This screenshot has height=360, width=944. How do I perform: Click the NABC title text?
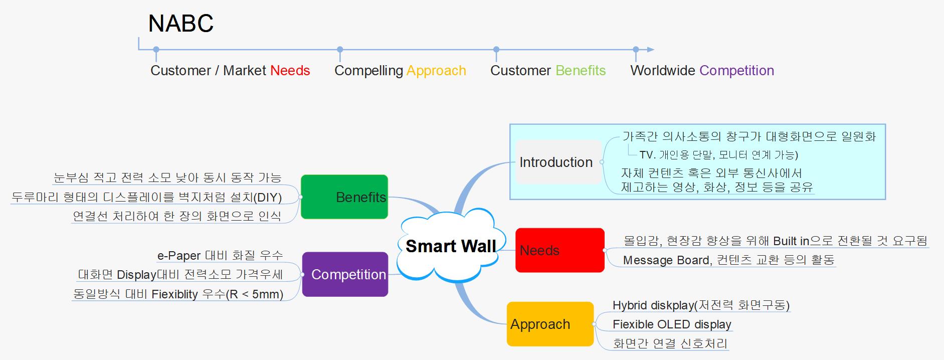180,24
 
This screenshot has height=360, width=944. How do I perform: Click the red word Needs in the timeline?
290,71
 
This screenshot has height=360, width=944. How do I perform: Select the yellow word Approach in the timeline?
436,71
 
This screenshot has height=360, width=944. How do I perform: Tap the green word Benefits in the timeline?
581,71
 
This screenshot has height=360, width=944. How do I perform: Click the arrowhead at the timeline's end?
650,50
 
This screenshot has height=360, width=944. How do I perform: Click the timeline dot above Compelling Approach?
340,50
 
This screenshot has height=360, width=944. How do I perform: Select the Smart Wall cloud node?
450,246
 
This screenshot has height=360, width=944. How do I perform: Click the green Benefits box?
344,197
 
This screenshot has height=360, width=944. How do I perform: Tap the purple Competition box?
345,274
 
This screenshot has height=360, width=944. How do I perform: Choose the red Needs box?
559,250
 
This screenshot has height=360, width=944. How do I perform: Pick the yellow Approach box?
550,324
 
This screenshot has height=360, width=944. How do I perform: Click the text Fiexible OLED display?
672,324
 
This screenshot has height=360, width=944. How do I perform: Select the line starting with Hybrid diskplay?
700,305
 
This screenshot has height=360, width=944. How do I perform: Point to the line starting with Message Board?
728,260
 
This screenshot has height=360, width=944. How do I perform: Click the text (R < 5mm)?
255,294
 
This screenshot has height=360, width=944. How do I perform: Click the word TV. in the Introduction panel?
648,155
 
